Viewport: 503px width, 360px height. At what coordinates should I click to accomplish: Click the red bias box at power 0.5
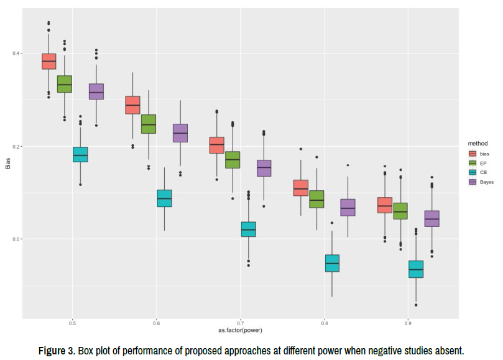click(x=48, y=61)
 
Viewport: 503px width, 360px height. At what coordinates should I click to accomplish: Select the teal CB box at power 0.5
click(x=80, y=154)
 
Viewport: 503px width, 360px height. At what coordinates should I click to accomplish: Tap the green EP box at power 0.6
click(x=149, y=124)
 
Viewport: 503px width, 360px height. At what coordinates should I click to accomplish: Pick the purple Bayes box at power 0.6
click(x=180, y=133)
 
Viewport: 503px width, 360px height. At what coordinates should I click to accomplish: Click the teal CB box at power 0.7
click(x=249, y=229)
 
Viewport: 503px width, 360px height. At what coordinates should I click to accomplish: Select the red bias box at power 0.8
click(x=300, y=188)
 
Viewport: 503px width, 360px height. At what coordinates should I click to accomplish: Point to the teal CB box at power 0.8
click(x=332, y=263)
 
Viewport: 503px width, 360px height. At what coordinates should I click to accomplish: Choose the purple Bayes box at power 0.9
click(x=432, y=219)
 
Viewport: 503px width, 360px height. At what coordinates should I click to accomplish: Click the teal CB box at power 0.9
click(x=416, y=269)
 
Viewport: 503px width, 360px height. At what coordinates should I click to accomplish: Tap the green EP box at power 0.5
click(x=65, y=84)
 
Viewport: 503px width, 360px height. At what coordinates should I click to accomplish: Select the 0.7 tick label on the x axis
click(x=241, y=324)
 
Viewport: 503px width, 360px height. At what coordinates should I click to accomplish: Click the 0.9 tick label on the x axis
click(x=408, y=324)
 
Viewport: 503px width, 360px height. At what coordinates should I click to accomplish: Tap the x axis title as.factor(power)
click(x=239, y=331)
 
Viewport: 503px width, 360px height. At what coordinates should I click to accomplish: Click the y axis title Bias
click(x=8, y=164)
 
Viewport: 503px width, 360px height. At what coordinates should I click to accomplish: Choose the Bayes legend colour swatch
click(x=472, y=182)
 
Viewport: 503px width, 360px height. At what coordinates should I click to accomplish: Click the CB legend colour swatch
click(x=472, y=172)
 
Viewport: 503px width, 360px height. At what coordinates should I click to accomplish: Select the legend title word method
click(x=478, y=142)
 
